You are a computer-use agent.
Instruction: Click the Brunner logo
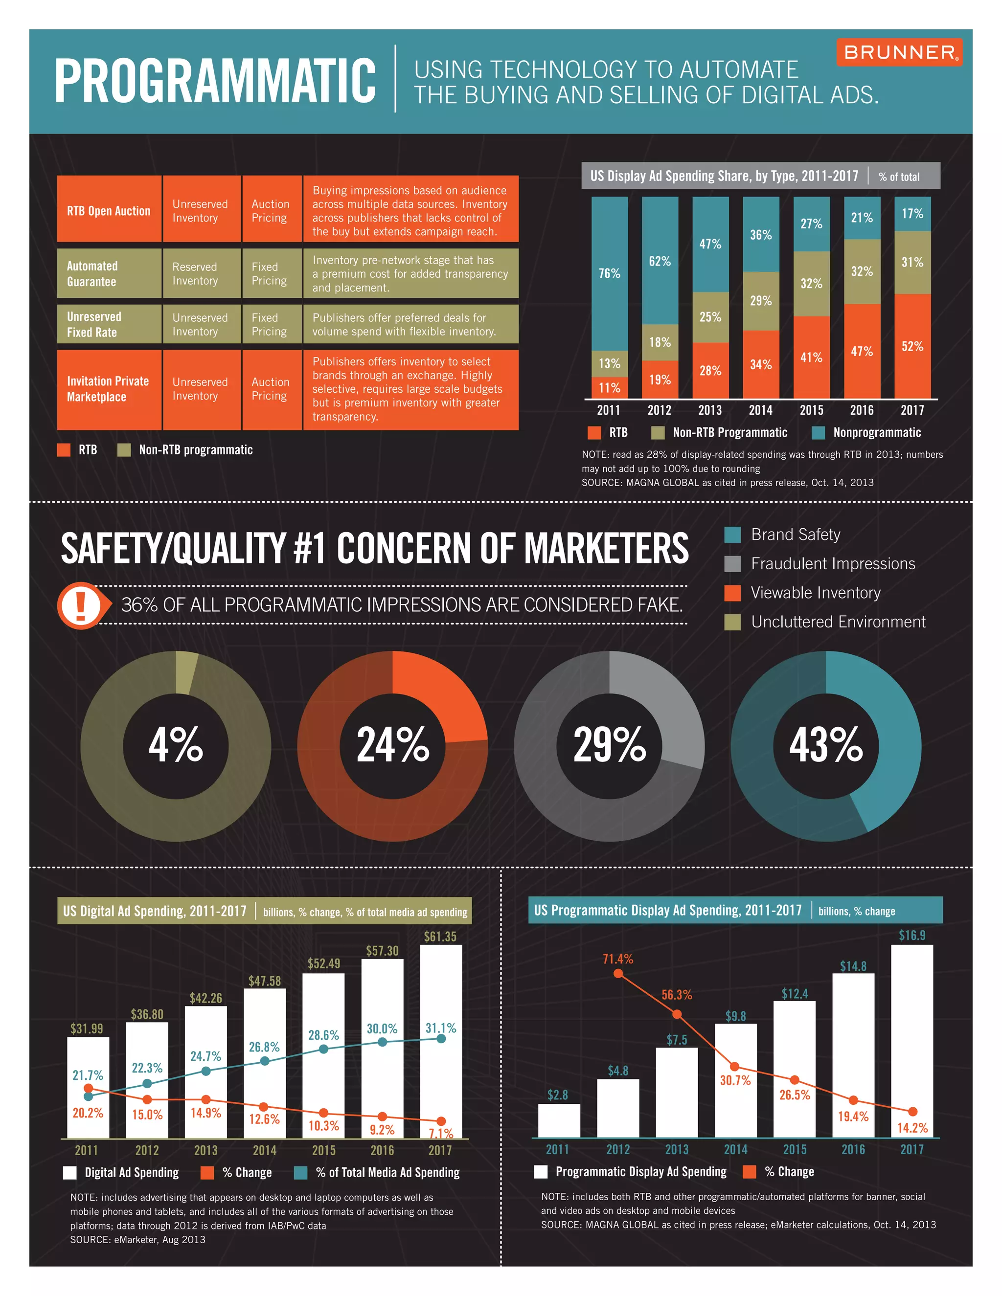click(899, 52)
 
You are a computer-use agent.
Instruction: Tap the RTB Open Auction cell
click(109, 211)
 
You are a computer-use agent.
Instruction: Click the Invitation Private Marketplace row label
click(109, 389)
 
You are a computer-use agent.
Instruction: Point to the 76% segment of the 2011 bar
click(609, 273)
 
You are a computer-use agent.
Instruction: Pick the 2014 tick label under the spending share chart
click(760, 410)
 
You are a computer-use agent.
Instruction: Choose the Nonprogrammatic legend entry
click(866, 433)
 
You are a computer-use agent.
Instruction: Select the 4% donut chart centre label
click(176, 745)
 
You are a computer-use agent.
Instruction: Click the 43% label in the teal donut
click(826, 745)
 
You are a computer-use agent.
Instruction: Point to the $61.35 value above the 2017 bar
click(440, 937)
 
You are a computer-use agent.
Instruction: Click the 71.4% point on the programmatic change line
click(618, 974)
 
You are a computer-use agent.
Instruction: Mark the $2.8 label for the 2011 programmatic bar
click(557, 1095)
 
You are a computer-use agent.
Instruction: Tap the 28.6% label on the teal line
click(323, 1035)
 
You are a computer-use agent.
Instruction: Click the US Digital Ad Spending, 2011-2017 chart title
click(155, 912)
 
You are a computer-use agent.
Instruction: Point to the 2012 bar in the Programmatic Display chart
click(618, 1107)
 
